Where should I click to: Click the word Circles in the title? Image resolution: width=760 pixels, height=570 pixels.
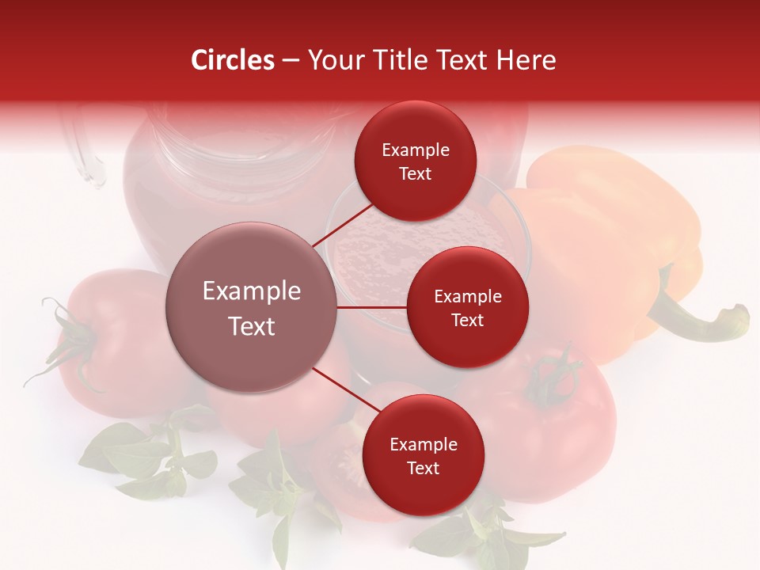(233, 60)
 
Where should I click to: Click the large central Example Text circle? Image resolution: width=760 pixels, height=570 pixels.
(252, 307)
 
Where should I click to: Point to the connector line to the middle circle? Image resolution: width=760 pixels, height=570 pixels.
(372, 307)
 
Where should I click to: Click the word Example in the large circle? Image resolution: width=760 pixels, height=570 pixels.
(252, 291)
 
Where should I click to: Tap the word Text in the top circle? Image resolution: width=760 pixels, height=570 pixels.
(416, 173)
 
